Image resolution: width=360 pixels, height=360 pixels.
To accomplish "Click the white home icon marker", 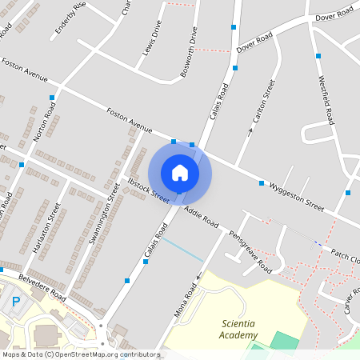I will pos(180,173).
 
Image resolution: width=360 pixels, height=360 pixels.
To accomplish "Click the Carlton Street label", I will pos(265,102).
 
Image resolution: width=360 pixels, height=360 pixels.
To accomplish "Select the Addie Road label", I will pos(201,214).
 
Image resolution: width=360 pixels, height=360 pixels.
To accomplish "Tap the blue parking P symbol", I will pos(15,302).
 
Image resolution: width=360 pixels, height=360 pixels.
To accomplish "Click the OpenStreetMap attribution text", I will pos(80,354).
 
